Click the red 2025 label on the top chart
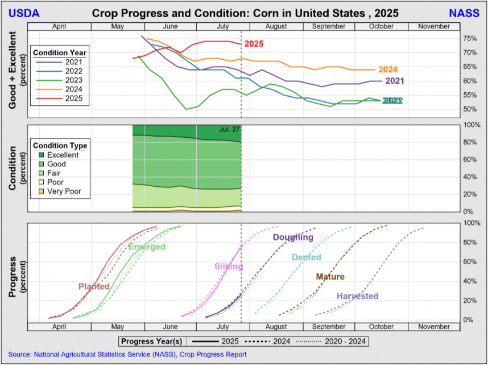(x=254, y=44)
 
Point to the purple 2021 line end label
(x=394, y=81)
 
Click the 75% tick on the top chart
(x=470, y=38)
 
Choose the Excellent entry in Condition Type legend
(x=63, y=155)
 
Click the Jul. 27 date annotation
(x=229, y=129)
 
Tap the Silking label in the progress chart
(x=229, y=266)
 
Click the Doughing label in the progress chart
(x=293, y=237)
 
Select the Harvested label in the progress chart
(x=357, y=296)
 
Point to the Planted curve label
(x=94, y=286)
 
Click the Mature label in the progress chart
(x=330, y=277)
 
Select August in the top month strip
(x=275, y=26)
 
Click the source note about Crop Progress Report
(x=127, y=354)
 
